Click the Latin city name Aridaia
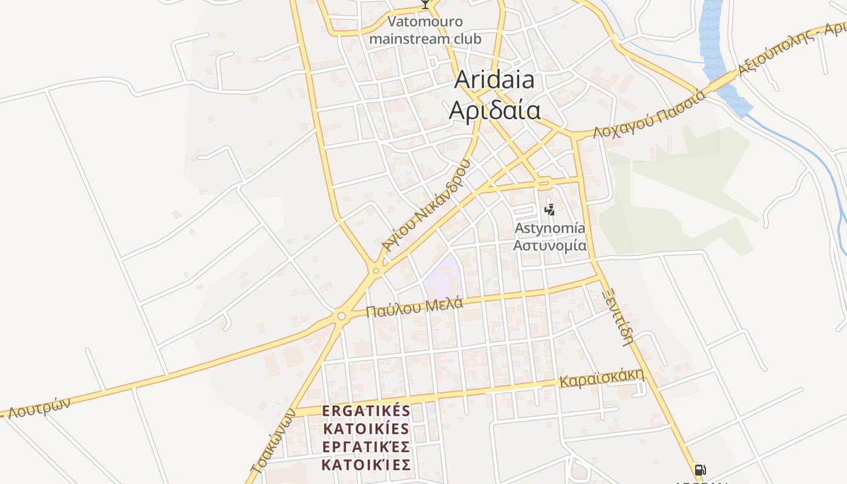click(x=494, y=79)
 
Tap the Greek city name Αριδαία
click(x=494, y=110)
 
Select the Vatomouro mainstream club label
click(x=425, y=30)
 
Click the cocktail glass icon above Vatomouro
click(x=425, y=4)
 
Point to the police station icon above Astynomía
click(x=549, y=210)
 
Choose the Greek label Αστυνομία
click(x=549, y=245)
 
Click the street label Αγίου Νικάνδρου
click(x=427, y=206)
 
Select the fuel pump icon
click(x=700, y=470)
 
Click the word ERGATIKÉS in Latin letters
click(x=366, y=411)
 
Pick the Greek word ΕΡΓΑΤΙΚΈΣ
click(x=366, y=447)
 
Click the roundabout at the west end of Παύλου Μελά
click(x=342, y=316)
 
